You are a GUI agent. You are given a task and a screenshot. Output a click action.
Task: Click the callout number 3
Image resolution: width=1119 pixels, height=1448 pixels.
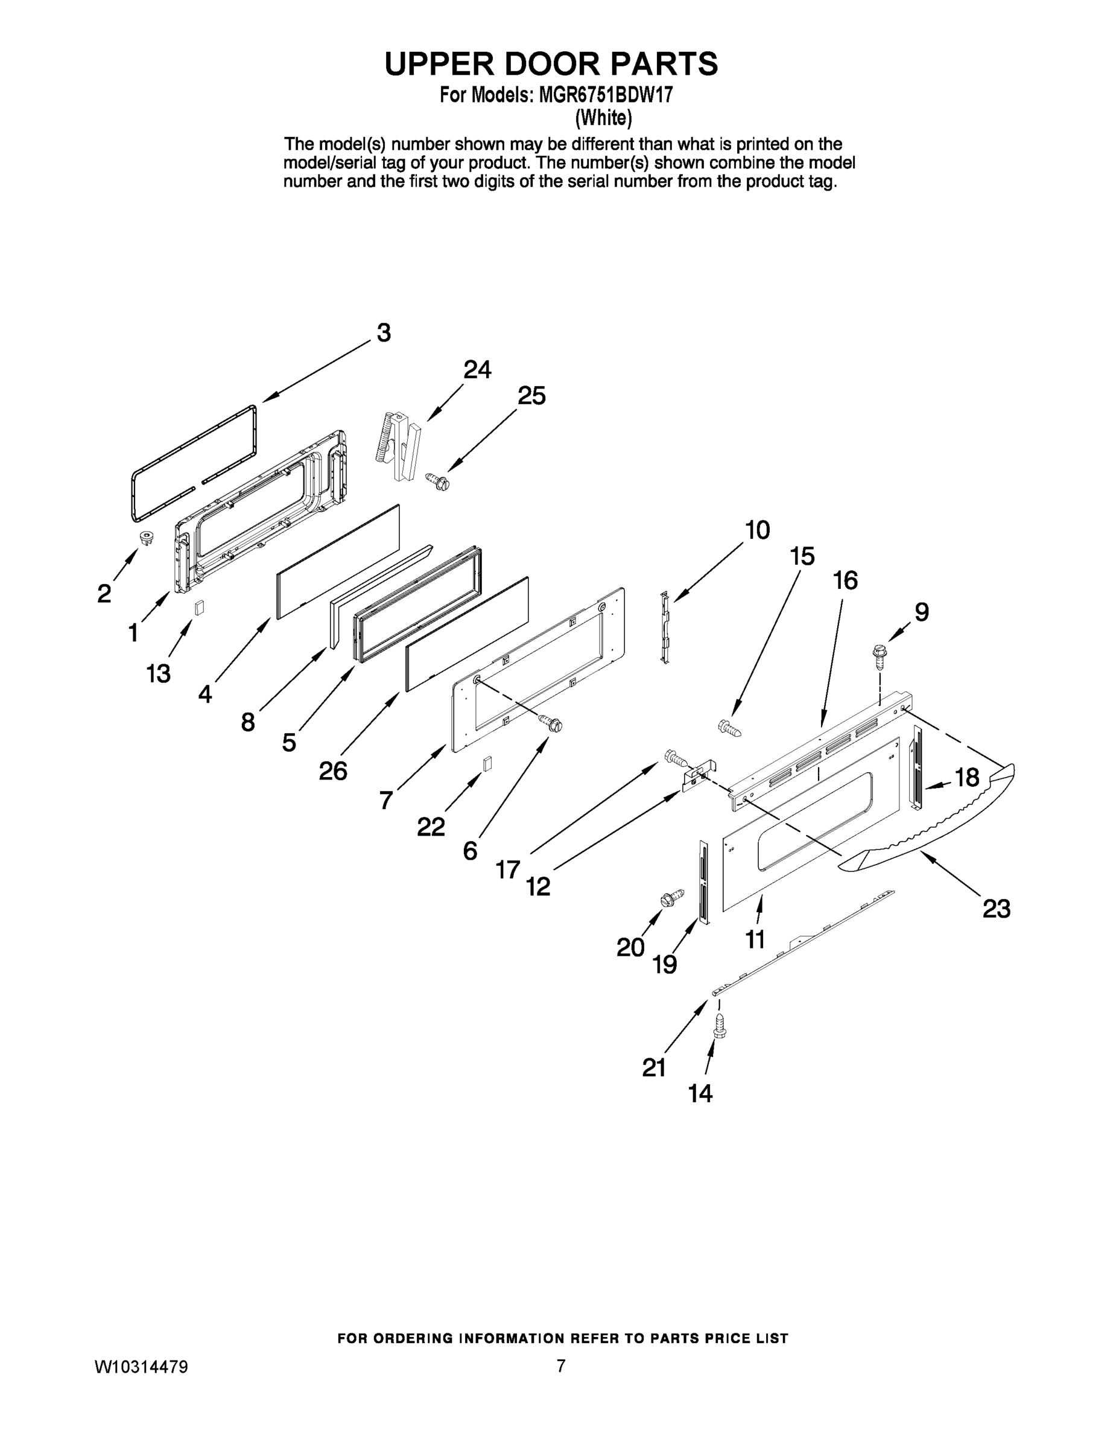(x=384, y=332)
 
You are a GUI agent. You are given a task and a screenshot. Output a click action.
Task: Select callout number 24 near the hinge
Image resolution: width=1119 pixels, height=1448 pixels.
(x=477, y=369)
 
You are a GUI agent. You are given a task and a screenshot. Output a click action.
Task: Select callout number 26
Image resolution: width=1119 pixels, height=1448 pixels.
(x=333, y=770)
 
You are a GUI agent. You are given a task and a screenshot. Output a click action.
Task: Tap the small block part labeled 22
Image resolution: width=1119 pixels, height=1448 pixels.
(x=488, y=763)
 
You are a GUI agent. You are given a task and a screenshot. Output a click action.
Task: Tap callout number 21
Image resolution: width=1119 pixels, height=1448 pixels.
(x=654, y=1067)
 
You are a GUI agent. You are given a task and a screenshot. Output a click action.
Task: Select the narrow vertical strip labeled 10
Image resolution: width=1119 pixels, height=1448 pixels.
(x=665, y=626)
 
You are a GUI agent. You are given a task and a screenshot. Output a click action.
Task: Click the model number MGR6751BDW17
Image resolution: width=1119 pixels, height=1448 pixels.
(x=605, y=95)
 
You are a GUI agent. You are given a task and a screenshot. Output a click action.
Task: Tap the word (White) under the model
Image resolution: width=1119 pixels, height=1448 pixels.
(x=603, y=118)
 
